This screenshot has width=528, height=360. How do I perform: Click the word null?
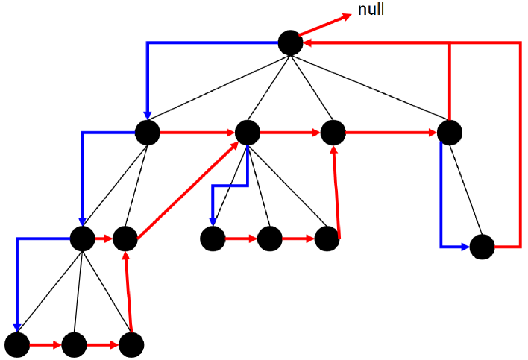tap(371, 10)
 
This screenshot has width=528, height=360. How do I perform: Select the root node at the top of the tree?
tap(291, 43)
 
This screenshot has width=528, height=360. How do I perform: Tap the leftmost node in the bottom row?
tap(17, 344)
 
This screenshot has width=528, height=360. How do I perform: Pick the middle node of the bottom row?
tap(74, 344)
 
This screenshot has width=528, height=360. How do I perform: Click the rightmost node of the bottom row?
tap(131, 344)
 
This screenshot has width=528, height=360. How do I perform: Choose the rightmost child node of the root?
tap(450, 133)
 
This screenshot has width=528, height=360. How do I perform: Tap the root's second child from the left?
tap(247, 133)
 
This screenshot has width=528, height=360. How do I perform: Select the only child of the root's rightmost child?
tap(483, 246)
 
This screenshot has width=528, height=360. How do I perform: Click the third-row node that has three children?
tap(82, 239)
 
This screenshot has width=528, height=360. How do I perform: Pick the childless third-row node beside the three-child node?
tap(125, 239)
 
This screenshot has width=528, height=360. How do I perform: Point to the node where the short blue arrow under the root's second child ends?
tap(213, 239)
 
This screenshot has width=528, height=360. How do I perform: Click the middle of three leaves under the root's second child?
tap(269, 239)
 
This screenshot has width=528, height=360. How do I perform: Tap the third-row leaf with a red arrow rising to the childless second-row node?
tap(326, 239)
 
